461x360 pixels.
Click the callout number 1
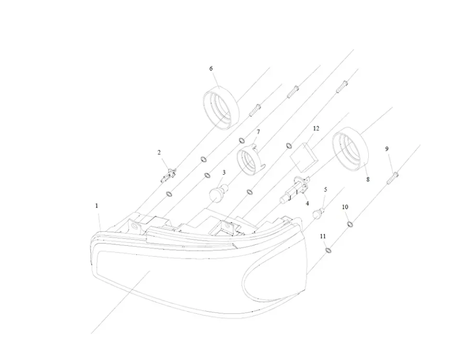[x=97, y=205]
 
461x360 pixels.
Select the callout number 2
[x=159, y=153]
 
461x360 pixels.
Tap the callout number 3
[x=224, y=172]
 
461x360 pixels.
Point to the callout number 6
[x=211, y=69]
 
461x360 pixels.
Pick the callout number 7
[x=258, y=132]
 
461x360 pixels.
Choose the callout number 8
[x=368, y=180]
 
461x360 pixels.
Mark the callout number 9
[x=387, y=149]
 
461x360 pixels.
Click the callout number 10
[x=345, y=207]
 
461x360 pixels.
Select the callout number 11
[x=323, y=237]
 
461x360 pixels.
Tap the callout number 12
[x=315, y=129]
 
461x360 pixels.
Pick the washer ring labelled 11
[x=328, y=250]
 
